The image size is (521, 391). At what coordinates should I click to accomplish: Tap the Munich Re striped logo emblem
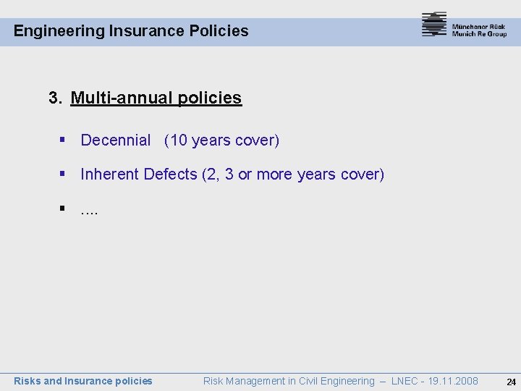coord(434,25)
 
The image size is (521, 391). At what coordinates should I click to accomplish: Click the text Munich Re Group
coord(479,34)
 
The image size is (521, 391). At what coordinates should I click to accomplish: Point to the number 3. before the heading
coord(56,98)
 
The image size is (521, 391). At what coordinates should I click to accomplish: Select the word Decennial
coord(116,140)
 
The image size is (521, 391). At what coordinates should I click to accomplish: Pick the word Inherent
coord(110,175)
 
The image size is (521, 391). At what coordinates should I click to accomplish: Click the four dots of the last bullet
coord(90,211)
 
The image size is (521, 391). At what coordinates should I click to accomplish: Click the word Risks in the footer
coord(27,381)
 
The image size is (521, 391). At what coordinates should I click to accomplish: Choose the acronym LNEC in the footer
coord(405,381)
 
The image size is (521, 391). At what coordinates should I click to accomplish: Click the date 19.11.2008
coord(453,381)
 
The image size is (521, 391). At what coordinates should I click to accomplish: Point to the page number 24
coord(511,382)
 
